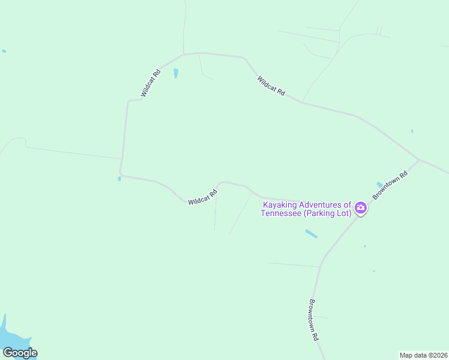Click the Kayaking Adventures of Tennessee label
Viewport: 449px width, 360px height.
306,209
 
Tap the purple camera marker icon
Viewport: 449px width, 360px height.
361,208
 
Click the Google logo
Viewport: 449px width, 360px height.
19,353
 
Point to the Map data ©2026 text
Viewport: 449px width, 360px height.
423,355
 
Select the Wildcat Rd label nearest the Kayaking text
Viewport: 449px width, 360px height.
202,198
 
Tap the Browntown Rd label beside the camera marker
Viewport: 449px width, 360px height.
390,185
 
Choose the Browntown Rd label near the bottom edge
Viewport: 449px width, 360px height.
313,320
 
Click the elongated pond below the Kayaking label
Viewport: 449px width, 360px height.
312,234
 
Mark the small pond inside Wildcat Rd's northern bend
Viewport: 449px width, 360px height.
176,73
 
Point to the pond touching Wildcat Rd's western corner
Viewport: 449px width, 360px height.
119,178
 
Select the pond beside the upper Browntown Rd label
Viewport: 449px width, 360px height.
379,184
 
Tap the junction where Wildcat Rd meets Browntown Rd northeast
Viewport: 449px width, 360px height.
418,160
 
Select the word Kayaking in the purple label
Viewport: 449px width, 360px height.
280,205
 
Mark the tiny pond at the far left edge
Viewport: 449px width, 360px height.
4,51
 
